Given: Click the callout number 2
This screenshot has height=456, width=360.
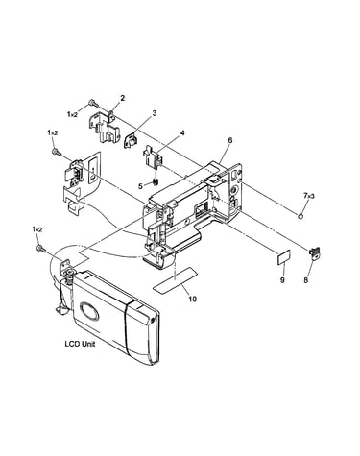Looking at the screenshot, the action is click(x=123, y=98).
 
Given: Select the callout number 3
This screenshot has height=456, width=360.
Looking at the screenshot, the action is click(x=155, y=113).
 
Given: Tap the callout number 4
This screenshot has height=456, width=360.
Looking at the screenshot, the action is click(x=182, y=132).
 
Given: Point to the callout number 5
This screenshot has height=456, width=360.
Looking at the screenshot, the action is click(x=140, y=185).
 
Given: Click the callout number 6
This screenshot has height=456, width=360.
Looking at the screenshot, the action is click(x=230, y=140).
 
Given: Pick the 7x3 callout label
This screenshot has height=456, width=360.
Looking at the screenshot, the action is click(x=309, y=195).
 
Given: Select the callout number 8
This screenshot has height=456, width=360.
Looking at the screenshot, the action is click(x=305, y=280).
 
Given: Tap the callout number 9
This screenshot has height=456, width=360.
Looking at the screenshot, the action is click(x=282, y=280).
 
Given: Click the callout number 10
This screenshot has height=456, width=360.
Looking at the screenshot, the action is click(x=193, y=299).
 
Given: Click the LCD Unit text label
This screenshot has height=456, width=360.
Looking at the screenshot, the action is click(x=80, y=344).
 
